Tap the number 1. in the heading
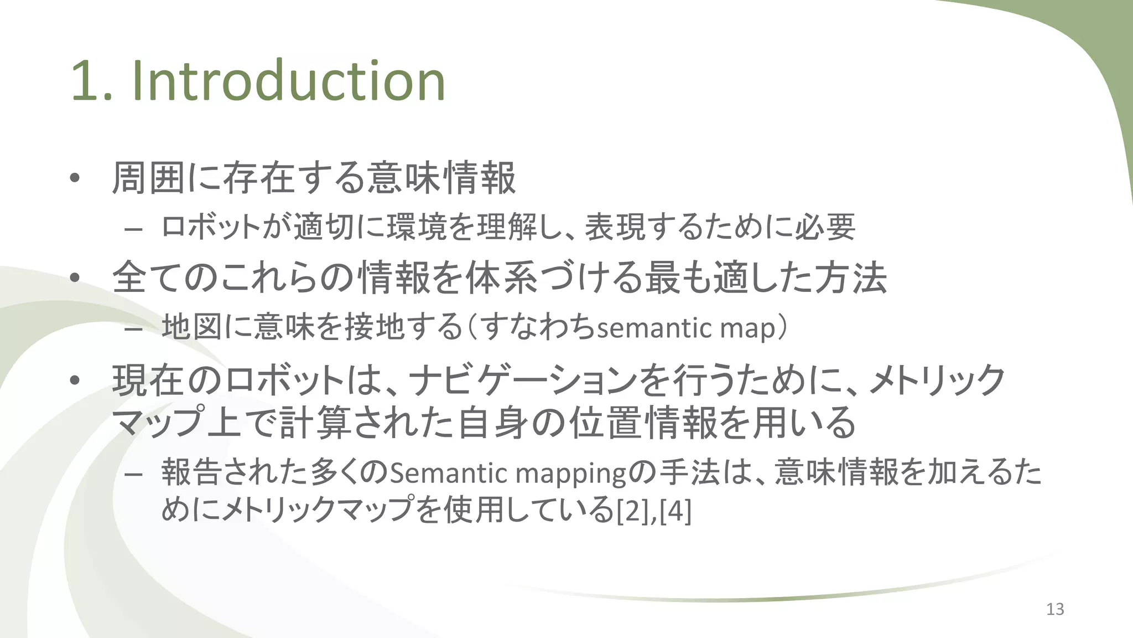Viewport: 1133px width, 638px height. pos(91,81)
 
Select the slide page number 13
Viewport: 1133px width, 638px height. pos(1055,609)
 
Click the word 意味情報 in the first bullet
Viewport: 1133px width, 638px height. pos(441,178)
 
